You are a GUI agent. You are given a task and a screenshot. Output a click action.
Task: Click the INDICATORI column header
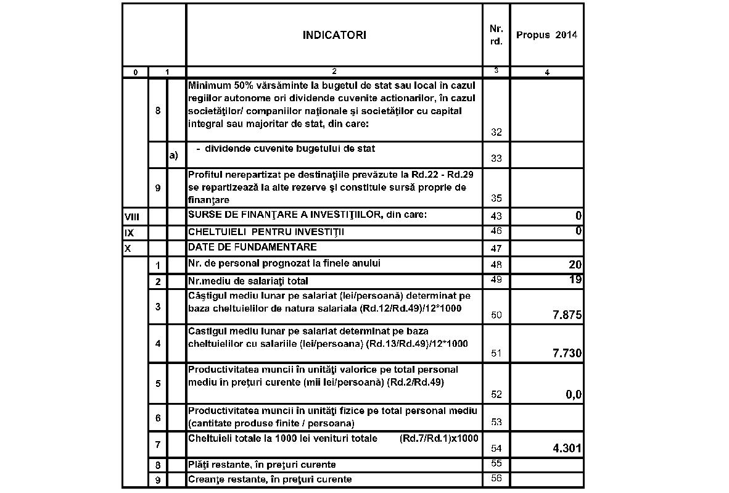(334, 35)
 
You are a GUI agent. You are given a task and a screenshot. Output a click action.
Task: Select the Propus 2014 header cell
(546, 35)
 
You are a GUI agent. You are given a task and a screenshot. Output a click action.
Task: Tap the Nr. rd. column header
(496, 35)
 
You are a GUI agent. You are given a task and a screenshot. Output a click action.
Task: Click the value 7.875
(564, 315)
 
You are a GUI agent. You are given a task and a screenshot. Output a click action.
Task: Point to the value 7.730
(564, 354)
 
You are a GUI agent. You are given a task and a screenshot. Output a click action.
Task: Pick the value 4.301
(564, 448)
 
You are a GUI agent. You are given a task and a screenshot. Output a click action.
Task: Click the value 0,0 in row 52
(574, 396)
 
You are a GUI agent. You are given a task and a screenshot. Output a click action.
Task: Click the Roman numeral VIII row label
(132, 217)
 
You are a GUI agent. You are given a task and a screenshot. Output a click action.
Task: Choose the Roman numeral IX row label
(128, 232)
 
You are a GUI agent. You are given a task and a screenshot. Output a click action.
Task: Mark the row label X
(127, 248)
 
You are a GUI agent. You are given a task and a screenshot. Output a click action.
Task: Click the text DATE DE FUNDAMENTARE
(252, 247)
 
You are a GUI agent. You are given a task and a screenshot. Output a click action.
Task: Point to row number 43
(496, 216)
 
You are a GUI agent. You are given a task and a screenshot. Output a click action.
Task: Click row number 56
(496, 479)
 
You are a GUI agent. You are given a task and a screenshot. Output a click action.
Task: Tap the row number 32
(496, 132)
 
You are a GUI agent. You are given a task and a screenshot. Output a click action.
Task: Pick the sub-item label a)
(173, 155)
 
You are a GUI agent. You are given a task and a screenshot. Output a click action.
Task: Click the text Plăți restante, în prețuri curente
(262, 464)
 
